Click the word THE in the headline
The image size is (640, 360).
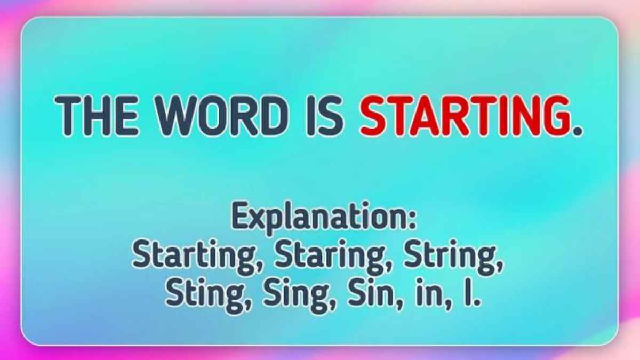pyautogui.click(x=97, y=116)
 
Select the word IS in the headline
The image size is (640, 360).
pyautogui.click(x=325, y=116)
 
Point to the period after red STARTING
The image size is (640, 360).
pyautogui.click(x=578, y=131)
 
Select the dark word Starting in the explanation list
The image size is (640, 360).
pyautogui.click(x=194, y=257)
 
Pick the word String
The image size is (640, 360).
pyautogui.click(x=449, y=257)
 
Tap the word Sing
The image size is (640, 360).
pyautogui.click(x=295, y=295)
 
